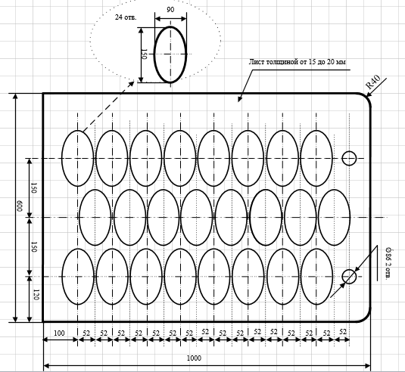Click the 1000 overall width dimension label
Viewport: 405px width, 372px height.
coord(194,358)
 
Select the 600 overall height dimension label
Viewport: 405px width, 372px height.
coord(20,206)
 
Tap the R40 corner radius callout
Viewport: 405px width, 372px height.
coord(372,82)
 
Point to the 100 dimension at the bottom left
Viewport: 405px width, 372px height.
coord(59,333)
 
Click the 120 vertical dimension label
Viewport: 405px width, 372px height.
coord(36,295)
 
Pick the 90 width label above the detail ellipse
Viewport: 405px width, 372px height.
coord(170,10)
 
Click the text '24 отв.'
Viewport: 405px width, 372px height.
coord(126,17)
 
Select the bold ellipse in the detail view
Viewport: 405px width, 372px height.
coord(170,26)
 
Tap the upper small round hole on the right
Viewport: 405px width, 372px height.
coord(349,151)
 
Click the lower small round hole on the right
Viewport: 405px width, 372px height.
coord(349,270)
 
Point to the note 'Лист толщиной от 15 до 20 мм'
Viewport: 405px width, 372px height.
coord(297,62)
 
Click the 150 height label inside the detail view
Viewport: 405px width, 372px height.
coord(145,54)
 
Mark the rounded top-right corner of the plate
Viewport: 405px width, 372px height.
coord(368,97)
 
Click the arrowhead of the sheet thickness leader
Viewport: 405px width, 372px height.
coord(239,99)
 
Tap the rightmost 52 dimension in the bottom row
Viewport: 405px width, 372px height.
coord(343,332)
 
